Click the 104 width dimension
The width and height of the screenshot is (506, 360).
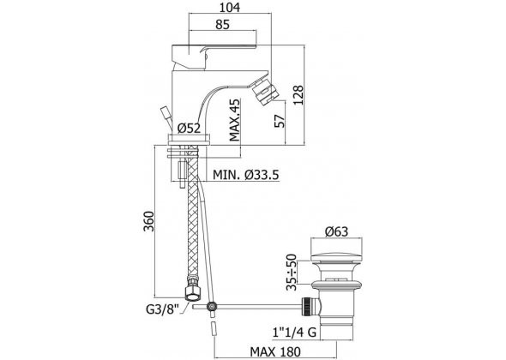230,7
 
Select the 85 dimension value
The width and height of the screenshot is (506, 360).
223,25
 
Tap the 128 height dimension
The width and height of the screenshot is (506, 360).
298,95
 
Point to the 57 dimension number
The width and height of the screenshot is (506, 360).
280,121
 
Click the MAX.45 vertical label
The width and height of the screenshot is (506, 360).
235,120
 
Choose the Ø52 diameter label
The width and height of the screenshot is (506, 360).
189,129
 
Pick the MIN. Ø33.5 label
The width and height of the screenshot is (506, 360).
245,175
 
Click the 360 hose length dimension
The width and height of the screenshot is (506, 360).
148,221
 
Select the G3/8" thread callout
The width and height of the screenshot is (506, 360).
162,309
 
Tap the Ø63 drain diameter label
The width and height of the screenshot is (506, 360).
336,231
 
